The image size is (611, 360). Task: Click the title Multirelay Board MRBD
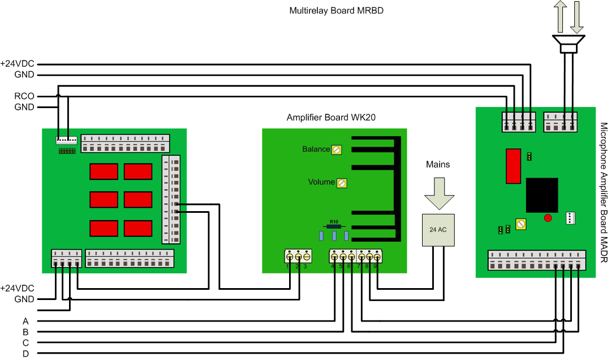tap(337, 11)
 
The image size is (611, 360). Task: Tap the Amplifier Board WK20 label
tap(331, 118)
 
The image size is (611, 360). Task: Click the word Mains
tap(438, 164)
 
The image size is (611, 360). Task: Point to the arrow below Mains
tap(438, 193)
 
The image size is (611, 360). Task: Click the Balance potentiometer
tap(337, 149)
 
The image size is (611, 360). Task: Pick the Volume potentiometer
tap(342, 183)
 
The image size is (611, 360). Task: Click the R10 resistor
tap(334, 226)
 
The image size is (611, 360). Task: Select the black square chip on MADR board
tap(542, 195)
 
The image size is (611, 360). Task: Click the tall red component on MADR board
tap(514, 166)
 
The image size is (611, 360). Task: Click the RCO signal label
tap(24, 96)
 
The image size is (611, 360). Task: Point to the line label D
tap(25, 354)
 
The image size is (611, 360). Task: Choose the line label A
tap(25, 321)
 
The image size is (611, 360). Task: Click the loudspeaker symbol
tap(569, 44)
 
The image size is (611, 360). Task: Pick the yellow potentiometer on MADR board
tap(521, 225)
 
